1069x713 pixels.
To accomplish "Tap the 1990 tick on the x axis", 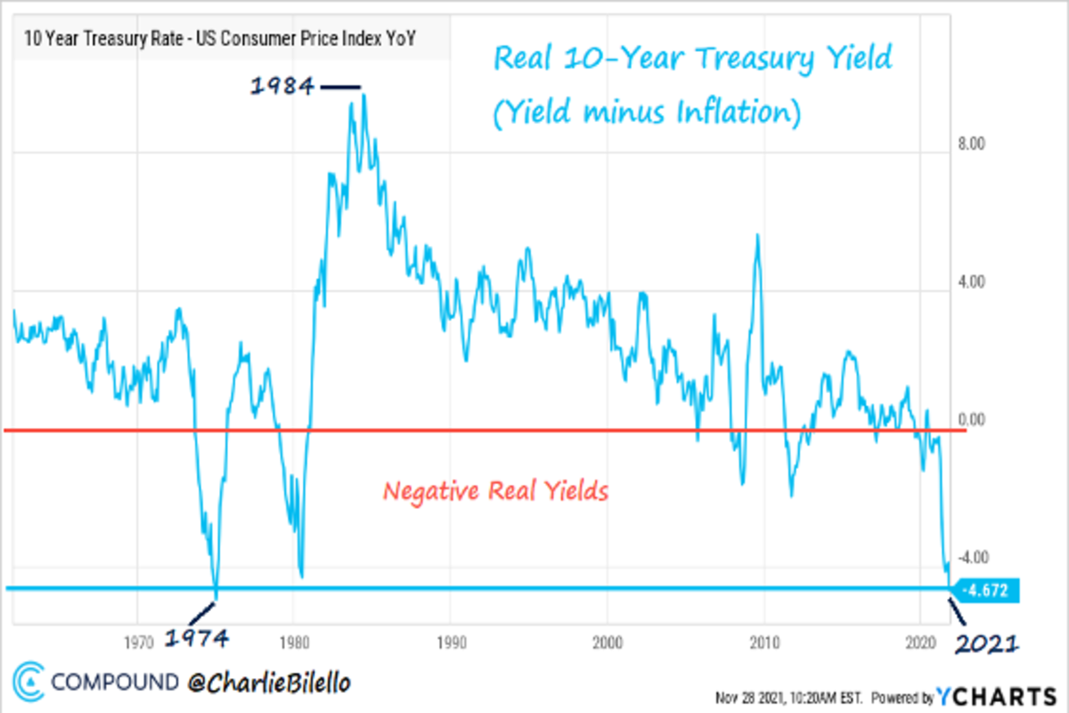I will pos(451,640).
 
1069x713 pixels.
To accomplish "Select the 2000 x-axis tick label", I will pos(608,640).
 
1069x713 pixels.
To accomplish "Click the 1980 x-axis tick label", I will pos(294,640).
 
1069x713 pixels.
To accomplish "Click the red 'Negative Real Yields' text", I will pos(495,491).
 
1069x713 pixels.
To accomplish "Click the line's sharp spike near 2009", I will pos(757,235).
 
